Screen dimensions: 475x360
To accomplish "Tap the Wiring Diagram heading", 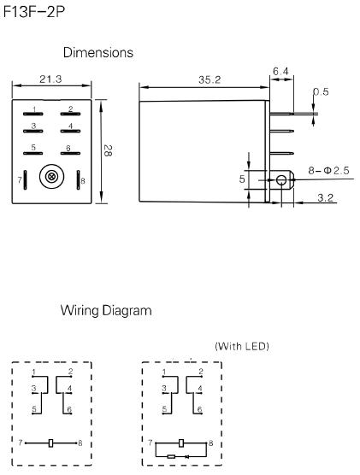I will tap(107, 311).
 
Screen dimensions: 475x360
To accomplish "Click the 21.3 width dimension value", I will tap(51, 80).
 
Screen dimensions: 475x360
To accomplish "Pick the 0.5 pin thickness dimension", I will tap(321, 92).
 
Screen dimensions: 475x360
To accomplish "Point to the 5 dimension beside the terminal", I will tap(242, 180).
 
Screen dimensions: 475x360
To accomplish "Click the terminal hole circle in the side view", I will tap(280, 180).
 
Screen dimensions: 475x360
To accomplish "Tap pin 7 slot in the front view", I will tap(27, 181).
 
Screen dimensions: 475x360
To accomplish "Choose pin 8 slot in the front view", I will tap(78, 181).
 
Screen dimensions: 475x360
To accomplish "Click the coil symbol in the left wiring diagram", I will tap(52, 443).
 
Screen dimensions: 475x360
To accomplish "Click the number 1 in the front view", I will tap(33, 109).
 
